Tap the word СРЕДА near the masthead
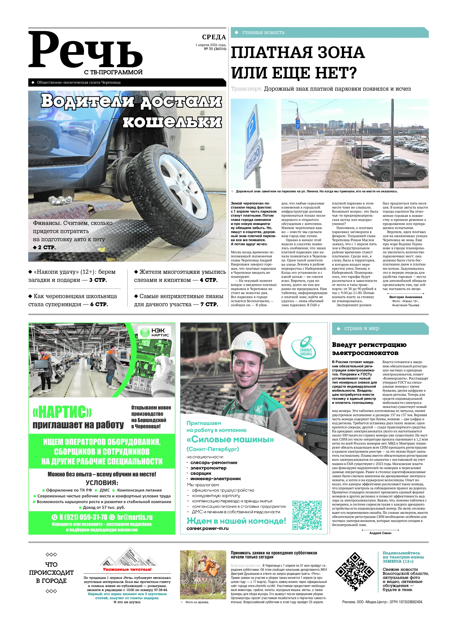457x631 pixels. (214, 37)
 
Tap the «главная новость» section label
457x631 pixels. (263, 33)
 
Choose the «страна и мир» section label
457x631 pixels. (361, 328)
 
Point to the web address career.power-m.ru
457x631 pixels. (207, 529)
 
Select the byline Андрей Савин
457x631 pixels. (380, 533)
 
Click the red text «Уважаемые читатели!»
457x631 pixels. (127, 569)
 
